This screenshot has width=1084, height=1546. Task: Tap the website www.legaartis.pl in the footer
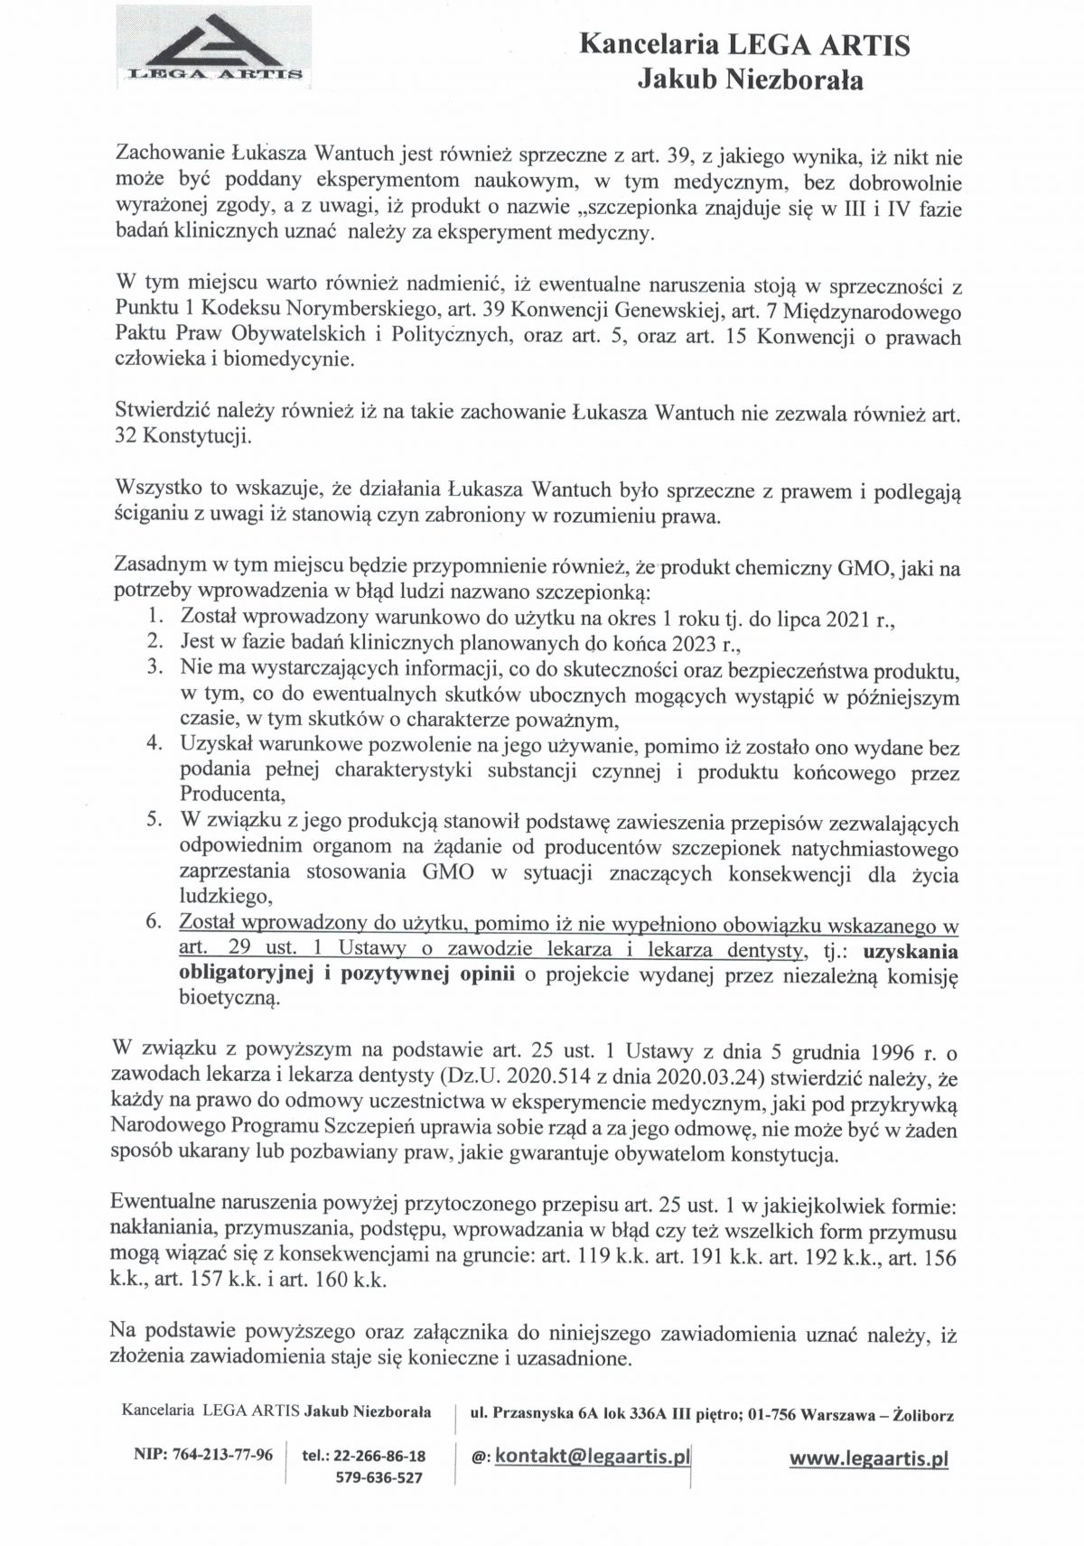point(868,1458)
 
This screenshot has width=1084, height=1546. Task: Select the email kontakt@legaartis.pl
point(591,1455)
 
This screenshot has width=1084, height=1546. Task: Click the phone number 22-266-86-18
point(378,1456)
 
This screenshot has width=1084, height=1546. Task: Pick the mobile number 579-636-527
point(378,1478)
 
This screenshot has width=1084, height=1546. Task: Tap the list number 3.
point(154,668)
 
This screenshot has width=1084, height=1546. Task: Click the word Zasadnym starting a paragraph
point(159,567)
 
